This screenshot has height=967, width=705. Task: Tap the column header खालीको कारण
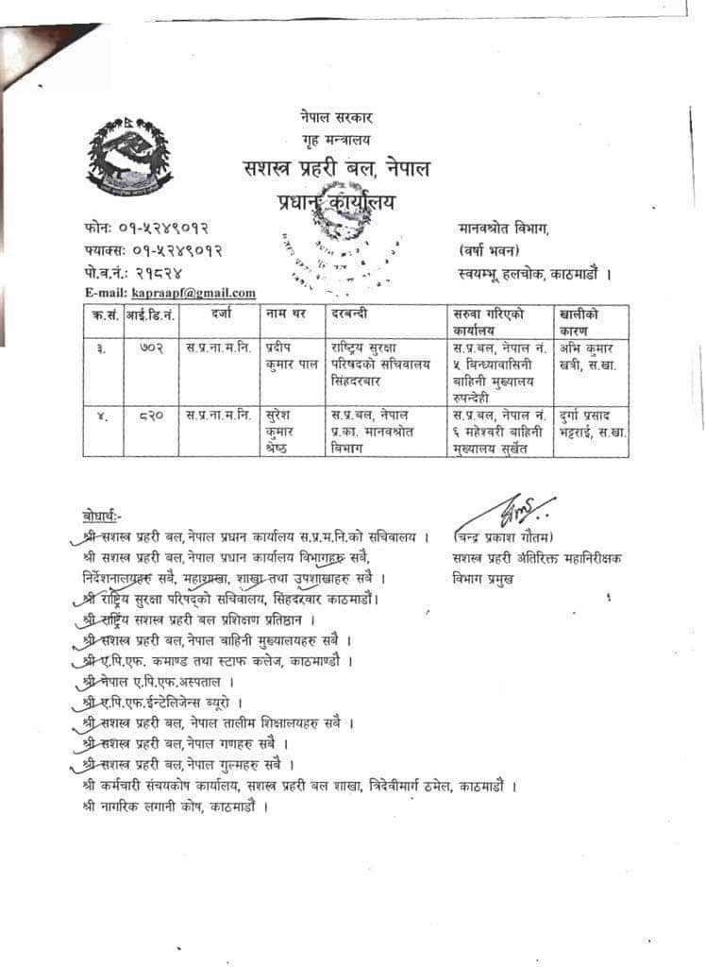580,321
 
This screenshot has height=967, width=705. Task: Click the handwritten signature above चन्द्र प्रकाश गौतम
518,509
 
